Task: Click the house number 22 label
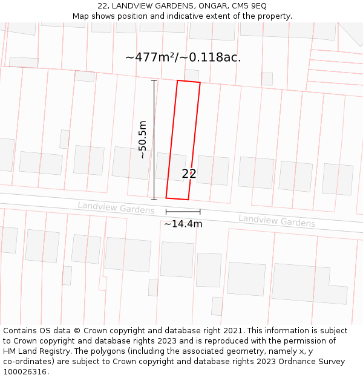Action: [189, 174]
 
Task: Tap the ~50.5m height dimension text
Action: [143, 140]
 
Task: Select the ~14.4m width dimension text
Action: [183, 224]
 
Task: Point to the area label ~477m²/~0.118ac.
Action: [183, 57]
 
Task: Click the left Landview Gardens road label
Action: [116, 207]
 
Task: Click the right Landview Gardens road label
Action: [276, 220]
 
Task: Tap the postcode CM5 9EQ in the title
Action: [249, 5]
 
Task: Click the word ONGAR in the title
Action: [206, 5]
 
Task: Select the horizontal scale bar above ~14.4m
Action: [183, 212]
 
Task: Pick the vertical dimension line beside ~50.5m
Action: [154, 140]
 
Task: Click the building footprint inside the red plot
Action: [172, 166]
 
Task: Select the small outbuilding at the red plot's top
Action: [192, 75]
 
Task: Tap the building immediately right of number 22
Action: [213, 170]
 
